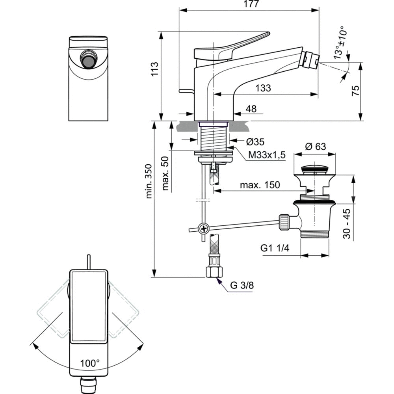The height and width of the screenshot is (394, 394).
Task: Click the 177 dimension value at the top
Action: coord(249,4)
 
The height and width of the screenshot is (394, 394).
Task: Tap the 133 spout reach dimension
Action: coord(263,88)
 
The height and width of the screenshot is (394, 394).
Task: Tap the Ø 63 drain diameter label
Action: coord(315,146)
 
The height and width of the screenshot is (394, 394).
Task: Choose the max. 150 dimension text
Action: coord(261,185)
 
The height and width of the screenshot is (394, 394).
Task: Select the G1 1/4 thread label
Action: coord(275,248)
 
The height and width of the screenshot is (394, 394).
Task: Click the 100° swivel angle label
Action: coord(90,363)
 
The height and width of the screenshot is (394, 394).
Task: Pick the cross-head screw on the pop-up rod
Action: coord(203,228)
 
